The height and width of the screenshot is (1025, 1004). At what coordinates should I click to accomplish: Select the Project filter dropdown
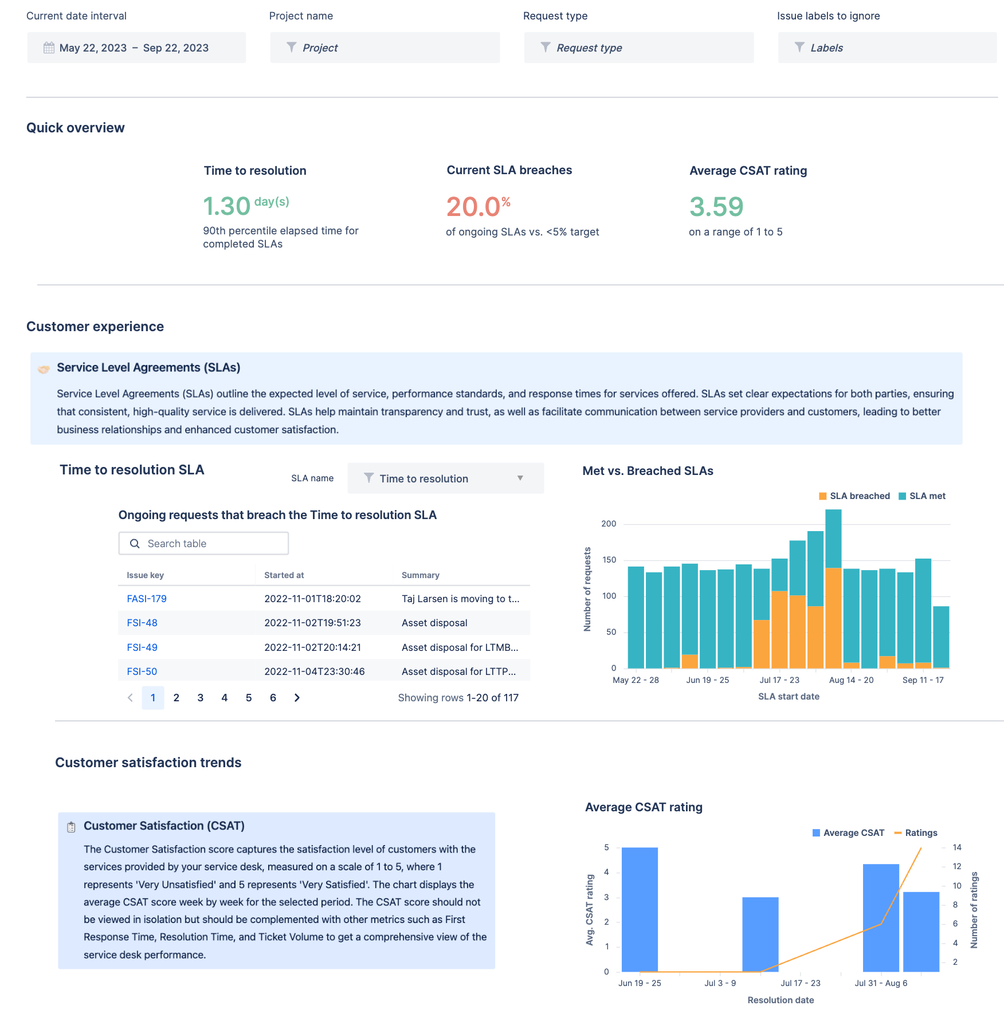click(384, 48)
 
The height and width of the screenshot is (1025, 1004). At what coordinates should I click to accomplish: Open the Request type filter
click(638, 48)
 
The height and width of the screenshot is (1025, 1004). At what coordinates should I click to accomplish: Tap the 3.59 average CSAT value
click(716, 207)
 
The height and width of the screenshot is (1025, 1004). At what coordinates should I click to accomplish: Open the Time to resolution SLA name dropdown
click(445, 478)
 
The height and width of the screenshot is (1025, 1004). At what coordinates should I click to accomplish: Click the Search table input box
click(203, 544)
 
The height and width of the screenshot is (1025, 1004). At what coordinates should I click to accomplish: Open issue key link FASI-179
click(147, 599)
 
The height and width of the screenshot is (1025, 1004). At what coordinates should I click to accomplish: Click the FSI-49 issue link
click(142, 647)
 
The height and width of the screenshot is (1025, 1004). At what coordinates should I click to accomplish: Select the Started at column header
click(284, 575)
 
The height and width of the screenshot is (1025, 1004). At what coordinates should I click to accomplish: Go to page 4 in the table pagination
click(225, 698)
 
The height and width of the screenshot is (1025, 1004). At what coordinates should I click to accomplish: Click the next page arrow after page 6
click(297, 698)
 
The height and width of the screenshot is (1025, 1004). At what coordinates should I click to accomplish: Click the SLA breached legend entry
click(854, 496)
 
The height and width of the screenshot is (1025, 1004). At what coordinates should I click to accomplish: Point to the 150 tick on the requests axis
click(609, 560)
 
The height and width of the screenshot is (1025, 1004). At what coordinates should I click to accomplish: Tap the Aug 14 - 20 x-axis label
click(851, 680)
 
